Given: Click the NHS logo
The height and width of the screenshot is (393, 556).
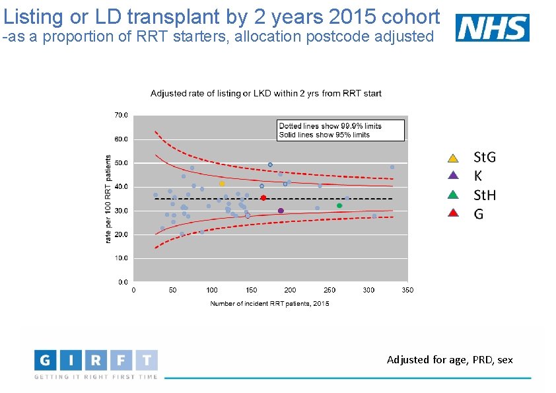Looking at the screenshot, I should pyautogui.click(x=492, y=28).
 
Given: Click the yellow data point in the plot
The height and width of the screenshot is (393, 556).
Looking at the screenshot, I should pyautogui.click(x=222, y=184).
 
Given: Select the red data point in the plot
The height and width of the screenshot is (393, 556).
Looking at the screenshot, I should pyautogui.click(x=263, y=197).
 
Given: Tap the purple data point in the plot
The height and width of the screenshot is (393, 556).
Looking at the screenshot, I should pyautogui.click(x=281, y=211).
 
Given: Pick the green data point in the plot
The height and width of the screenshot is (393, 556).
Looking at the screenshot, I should pyautogui.click(x=339, y=205).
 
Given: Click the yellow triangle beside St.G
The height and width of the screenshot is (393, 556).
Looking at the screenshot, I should pyautogui.click(x=452, y=158).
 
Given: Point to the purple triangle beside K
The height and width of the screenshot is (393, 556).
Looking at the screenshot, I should pyautogui.click(x=452, y=176).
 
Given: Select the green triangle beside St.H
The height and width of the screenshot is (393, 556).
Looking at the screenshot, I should pyautogui.click(x=452, y=195).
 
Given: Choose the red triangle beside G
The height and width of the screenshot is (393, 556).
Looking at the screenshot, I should pyautogui.click(x=452, y=213).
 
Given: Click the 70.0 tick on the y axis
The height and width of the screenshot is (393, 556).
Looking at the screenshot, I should pyautogui.click(x=122, y=115).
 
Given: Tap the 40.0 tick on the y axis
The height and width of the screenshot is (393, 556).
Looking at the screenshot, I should pyautogui.click(x=122, y=187).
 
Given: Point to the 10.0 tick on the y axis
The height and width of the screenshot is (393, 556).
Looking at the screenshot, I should pyautogui.click(x=122, y=258).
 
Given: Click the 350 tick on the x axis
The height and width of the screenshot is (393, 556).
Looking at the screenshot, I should pyautogui.click(x=407, y=290).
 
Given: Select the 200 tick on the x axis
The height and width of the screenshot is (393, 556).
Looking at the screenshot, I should pyautogui.click(x=291, y=290).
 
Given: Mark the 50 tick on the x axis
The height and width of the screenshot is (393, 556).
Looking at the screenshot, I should pyautogui.click(x=173, y=290).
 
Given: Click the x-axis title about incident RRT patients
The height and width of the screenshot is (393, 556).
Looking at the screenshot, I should pyautogui.click(x=269, y=304).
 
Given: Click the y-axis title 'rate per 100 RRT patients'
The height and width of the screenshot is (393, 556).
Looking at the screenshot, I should pyautogui.click(x=109, y=198).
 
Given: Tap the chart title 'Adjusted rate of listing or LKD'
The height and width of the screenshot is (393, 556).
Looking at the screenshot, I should pyautogui.click(x=266, y=94).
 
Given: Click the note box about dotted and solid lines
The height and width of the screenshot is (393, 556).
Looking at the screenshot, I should pyautogui.click(x=340, y=130).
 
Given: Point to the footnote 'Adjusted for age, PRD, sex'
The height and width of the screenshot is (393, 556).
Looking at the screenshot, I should pyautogui.click(x=450, y=360).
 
